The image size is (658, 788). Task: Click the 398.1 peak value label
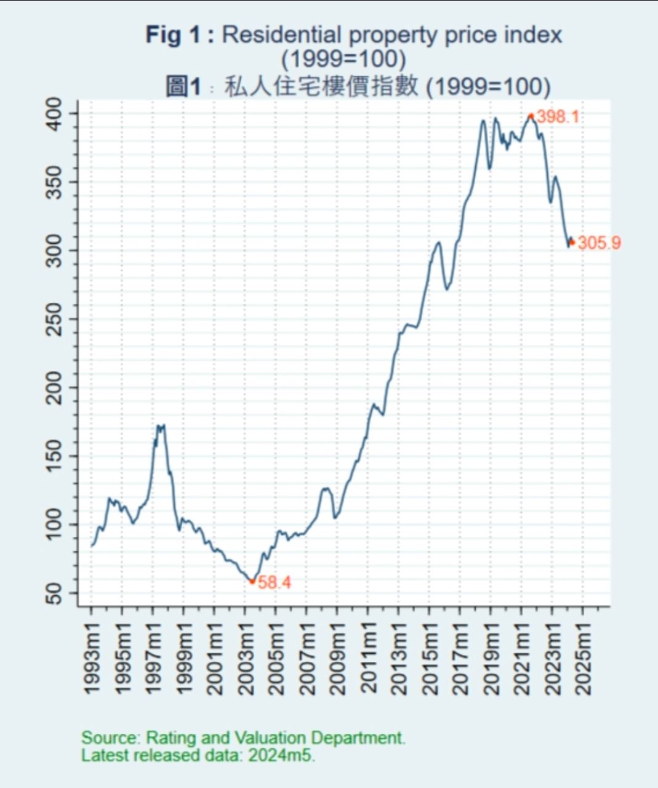(558, 116)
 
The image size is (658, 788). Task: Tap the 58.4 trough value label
(274, 582)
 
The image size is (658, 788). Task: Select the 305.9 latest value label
(599, 243)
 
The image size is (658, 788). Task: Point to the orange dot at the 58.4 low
(252, 581)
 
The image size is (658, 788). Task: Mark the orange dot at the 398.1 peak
(531, 116)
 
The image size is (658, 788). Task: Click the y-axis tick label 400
(55, 113)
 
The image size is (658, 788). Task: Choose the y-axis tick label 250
(55, 319)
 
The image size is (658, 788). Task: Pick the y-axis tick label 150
(55, 456)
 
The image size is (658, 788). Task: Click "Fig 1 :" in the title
(180, 34)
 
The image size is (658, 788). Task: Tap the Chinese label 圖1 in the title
(183, 86)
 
